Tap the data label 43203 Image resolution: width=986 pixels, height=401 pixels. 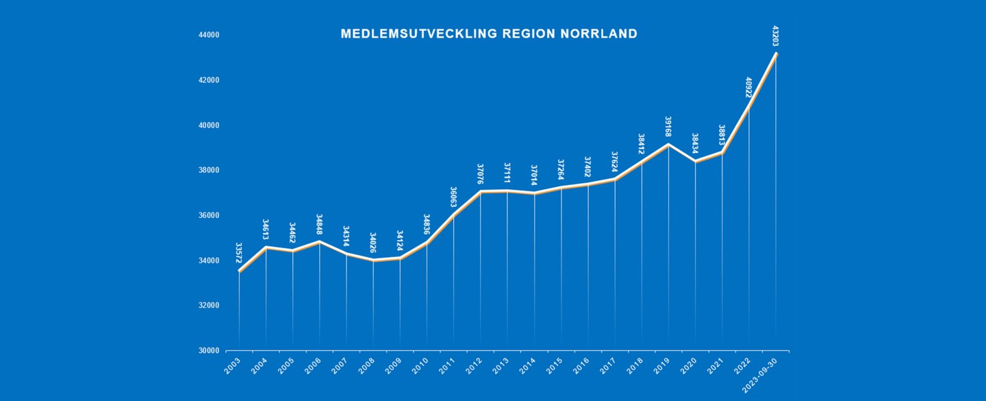[775, 36]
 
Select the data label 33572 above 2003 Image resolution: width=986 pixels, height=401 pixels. [239, 254]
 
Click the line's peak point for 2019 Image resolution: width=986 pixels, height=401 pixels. [668, 144]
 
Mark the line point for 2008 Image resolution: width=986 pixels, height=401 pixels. [373, 260]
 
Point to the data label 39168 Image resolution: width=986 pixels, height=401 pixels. [668, 127]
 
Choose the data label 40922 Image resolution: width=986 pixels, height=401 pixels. [748, 88]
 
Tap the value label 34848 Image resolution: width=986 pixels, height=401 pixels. [319, 225]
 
